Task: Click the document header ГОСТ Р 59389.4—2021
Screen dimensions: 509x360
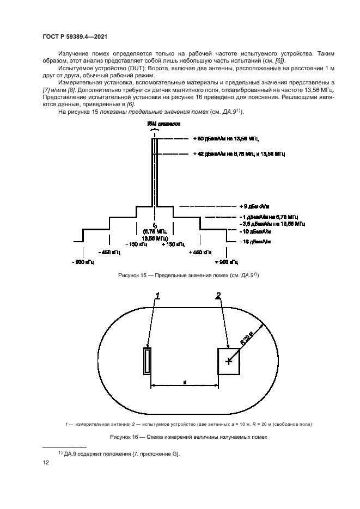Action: [74, 37]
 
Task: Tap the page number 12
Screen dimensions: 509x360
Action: [46, 463]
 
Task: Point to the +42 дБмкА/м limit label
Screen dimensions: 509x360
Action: [240, 154]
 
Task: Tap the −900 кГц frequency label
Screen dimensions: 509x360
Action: [82, 262]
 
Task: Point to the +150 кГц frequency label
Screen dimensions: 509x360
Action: [173, 244]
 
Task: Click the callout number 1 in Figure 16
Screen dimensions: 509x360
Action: [158, 296]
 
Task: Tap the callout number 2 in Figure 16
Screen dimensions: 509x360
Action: [218, 296]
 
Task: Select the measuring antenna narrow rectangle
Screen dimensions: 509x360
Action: [147, 361]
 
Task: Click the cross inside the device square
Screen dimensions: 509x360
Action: [228, 361]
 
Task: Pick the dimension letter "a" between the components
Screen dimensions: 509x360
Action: [185, 383]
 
